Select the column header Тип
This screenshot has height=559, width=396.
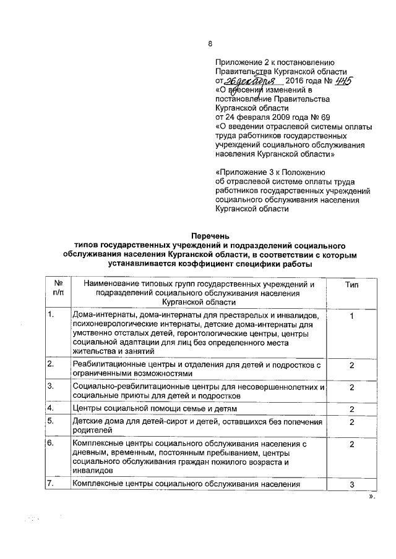(x=351, y=284)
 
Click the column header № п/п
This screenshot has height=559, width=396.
(x=58, y=288)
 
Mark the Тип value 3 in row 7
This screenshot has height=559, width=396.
(x=351, y=484)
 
